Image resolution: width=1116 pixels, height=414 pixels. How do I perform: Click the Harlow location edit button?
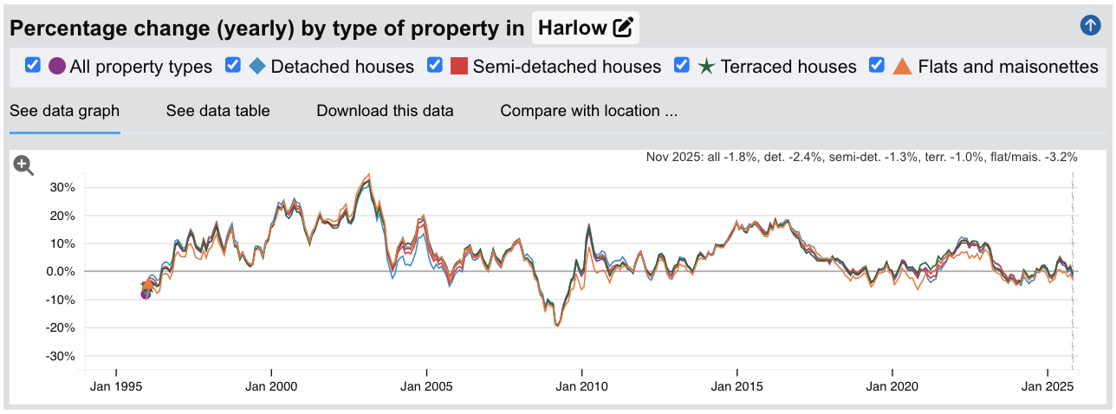pos(586,28)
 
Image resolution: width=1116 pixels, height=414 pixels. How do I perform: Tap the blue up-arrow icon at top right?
pos(1090,25)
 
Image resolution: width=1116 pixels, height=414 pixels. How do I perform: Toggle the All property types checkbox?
pos(33,65)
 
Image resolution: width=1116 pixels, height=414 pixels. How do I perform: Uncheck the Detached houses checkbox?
pos(232,65)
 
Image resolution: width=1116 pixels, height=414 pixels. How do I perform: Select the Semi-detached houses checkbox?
pos(435,65)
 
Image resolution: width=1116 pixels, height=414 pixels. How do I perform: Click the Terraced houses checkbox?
pos(682,65)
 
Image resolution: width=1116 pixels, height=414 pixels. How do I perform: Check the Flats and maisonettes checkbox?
pos(877,65)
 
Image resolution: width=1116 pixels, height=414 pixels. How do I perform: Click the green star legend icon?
pos(706,66)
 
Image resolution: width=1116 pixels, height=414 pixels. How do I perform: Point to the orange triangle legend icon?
pos(903,66)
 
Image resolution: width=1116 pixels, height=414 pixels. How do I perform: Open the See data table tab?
pos(217,111)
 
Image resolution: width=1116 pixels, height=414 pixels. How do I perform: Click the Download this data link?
pos(385,111)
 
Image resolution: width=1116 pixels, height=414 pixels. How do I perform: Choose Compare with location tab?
pos(588,111)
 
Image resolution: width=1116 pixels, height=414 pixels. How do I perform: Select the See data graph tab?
pos(64,111)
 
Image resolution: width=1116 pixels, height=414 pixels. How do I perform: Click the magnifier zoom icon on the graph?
pos(23,165)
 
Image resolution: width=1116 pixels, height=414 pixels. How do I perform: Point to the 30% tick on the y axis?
pos(64,187)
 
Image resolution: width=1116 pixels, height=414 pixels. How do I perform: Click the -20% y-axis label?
pos(62,328)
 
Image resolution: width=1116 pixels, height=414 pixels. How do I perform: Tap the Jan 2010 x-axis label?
pos(582,385)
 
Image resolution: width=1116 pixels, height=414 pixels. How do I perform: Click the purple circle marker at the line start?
pos(146,294)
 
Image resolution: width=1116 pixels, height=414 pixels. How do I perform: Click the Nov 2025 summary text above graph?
pos(861,157)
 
